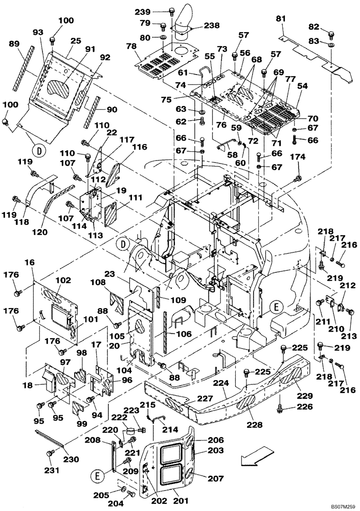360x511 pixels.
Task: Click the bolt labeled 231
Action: (x=50, y=453)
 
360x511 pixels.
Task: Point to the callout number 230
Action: (x=71, y=459)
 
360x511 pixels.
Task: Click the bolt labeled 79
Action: (x=163, y=27)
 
